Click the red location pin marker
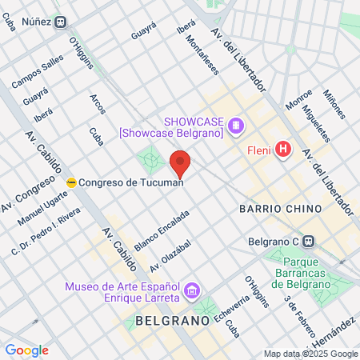pyautogui.click(x=181, y=163)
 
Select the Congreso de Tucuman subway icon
pyautogui.click(x=71, y=182)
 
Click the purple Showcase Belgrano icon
pyautogui.click(x=234, y=126)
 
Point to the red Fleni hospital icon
pyautogui.click(x=282, y=148)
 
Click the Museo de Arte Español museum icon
pyautogui.click(x=192, y=290)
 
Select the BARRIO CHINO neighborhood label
pyautogui.click(x=281, y=208)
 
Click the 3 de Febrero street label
pyautogui.click(x=298, y=312)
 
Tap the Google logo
pyautogui.click(x=26, y=350)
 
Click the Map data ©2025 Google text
pyautogui.click(x=311, y=354)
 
